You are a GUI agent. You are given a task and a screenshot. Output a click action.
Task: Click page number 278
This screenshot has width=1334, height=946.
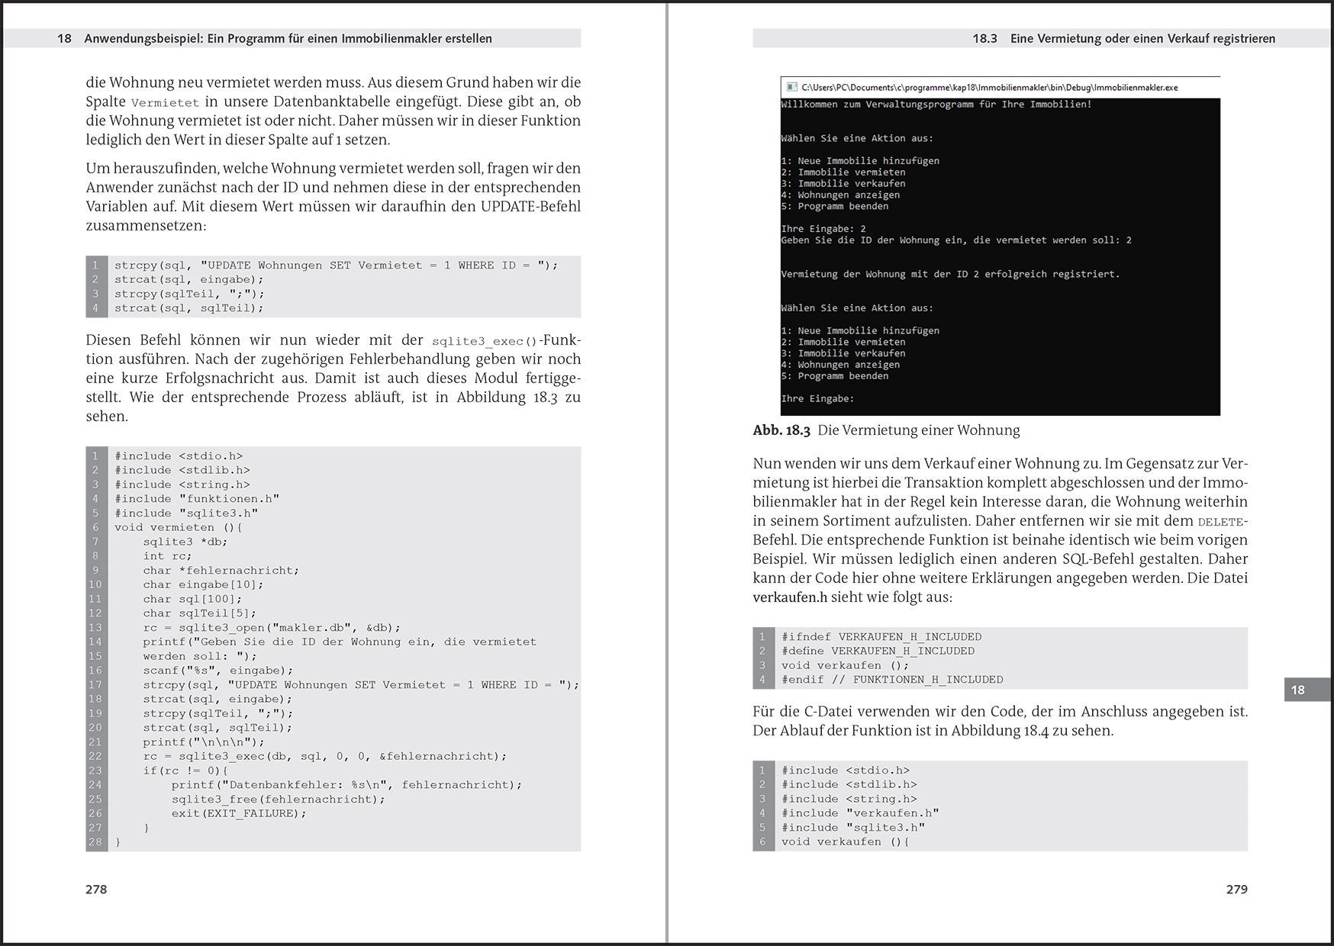(x=96, y=890)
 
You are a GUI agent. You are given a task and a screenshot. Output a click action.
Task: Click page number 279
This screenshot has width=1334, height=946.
(x=1236, y=890)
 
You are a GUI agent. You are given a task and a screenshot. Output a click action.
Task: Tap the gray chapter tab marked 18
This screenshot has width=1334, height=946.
(x=1297, y=690)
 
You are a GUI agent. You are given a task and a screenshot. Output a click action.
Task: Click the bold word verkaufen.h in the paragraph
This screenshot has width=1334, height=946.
(x=790, y=597)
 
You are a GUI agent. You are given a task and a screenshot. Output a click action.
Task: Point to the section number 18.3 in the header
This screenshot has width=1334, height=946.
(x=984, y=38)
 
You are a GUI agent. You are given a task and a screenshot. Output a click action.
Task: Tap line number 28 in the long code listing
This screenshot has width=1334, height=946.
(x=95, y=842)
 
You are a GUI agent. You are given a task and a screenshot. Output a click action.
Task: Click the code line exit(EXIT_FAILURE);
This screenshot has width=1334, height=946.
(x=238, y=813)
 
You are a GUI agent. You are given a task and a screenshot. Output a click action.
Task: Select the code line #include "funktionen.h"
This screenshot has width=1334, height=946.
(x=197, y=499)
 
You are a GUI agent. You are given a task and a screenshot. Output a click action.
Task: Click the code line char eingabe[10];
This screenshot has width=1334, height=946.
(x=203, y=584)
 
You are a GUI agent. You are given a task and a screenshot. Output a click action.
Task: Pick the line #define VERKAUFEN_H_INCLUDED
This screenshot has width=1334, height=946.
(x=878, y=651)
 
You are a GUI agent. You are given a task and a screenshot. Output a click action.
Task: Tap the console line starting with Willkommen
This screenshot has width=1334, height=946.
(x=936, y=105)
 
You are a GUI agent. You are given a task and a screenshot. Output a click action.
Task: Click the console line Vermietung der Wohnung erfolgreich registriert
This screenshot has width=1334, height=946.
(x=950, y=274)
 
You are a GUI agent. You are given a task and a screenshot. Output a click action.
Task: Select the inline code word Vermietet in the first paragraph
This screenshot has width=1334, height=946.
(x=165, y=103)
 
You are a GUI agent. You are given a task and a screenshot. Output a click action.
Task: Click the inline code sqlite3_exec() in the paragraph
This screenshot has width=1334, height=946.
(x=485, y=342)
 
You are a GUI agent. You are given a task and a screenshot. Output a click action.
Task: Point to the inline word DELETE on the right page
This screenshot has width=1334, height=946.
(x=1221, y=522)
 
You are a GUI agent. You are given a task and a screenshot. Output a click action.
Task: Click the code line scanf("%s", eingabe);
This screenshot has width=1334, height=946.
(x=218, y=671)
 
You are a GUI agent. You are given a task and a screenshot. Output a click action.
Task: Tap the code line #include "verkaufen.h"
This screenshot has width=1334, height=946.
(x=860, y=813)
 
